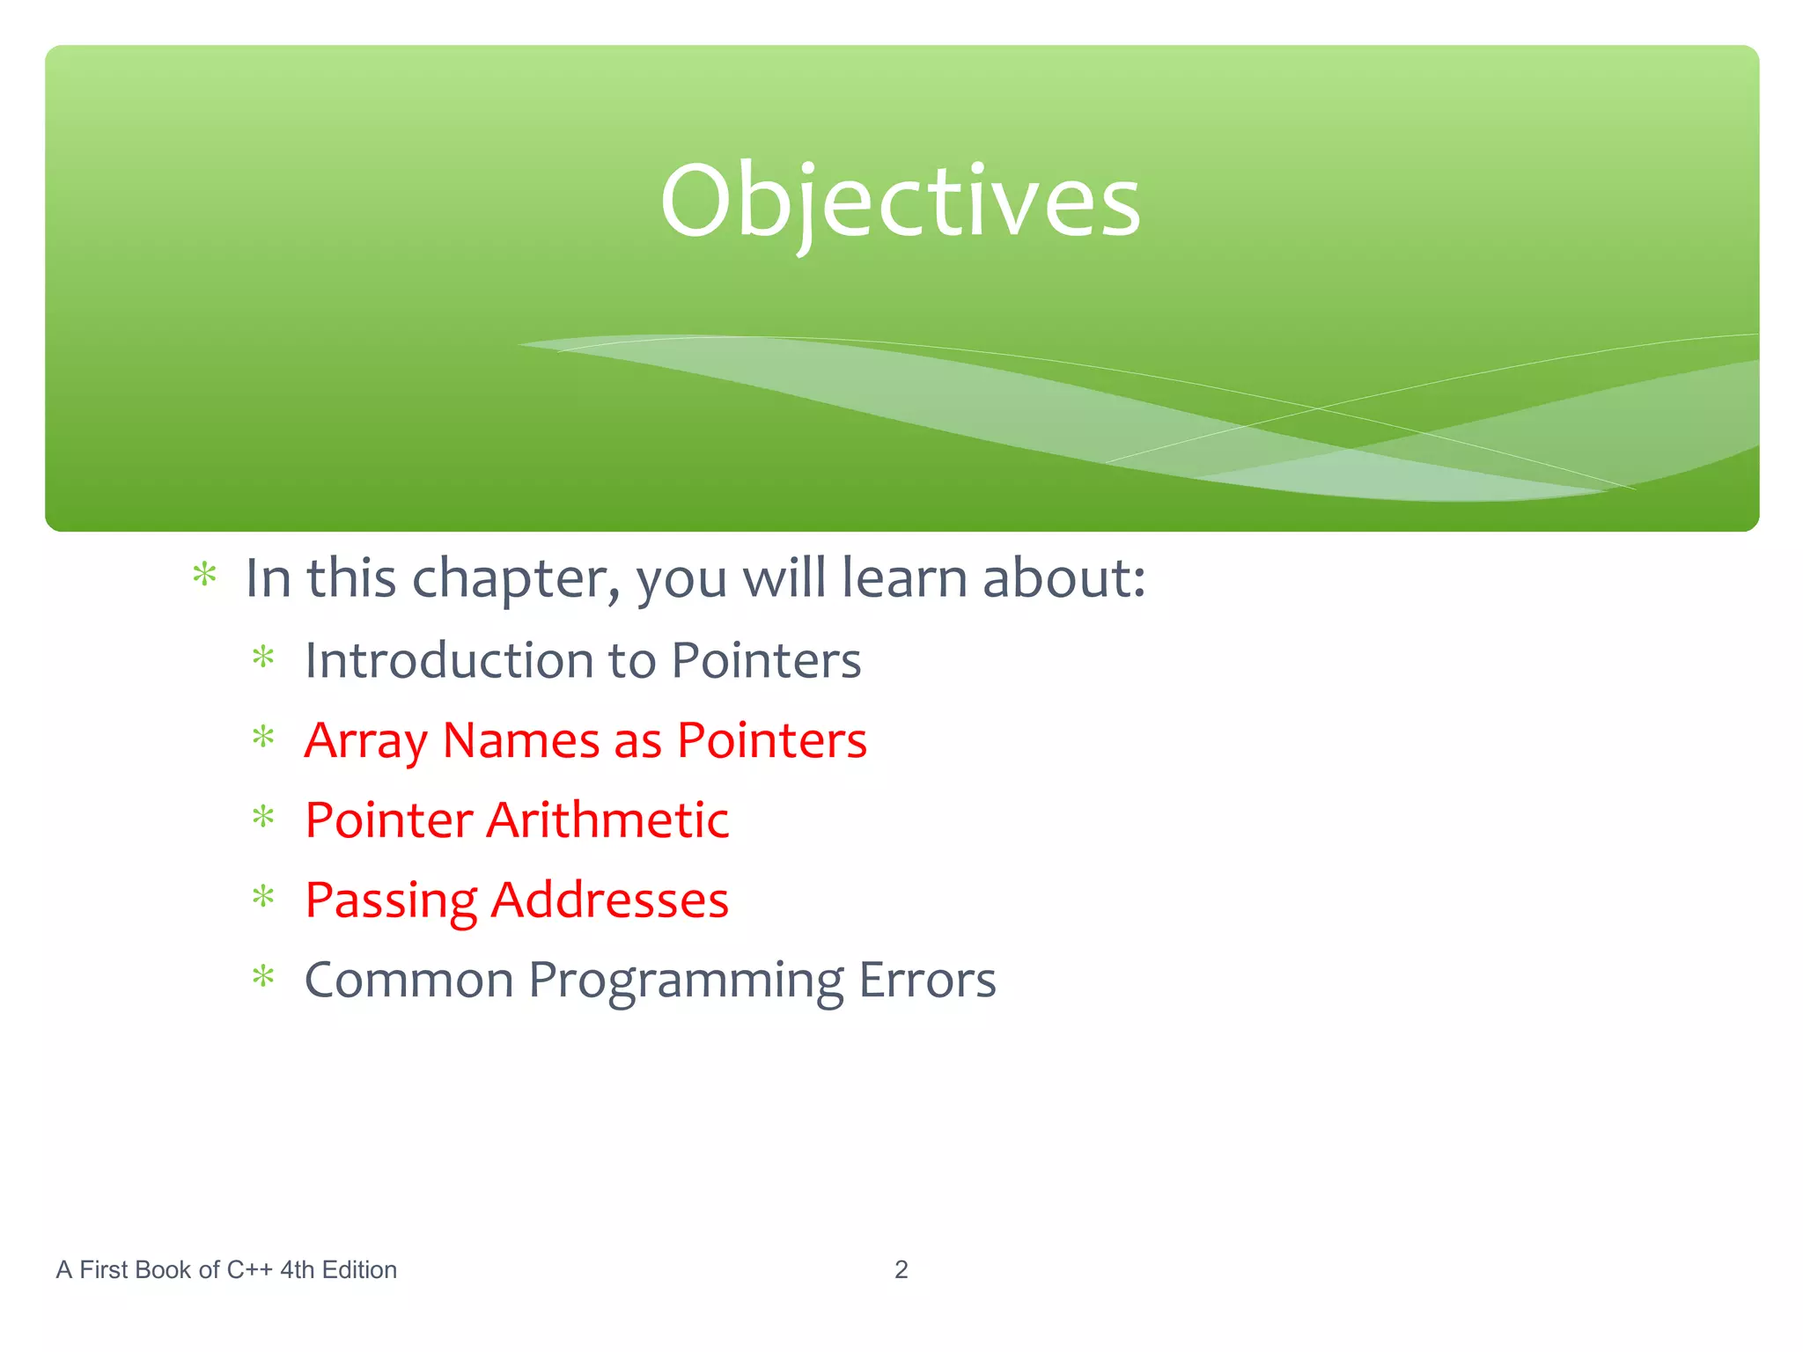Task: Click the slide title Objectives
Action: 900,202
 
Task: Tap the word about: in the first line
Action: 1063,579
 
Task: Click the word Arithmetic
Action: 607,820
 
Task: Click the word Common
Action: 408,980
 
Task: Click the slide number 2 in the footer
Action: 901,1269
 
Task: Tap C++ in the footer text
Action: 249,1269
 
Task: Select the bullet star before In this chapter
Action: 204,576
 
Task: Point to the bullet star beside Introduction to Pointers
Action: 263,658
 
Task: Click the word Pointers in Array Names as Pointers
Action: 771,741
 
